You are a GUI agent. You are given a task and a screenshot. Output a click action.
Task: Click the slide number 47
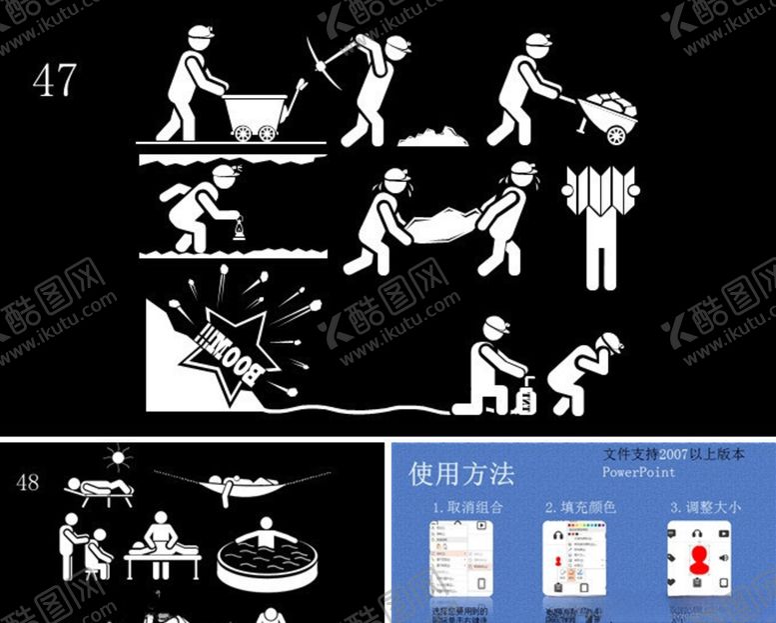click(55, 80)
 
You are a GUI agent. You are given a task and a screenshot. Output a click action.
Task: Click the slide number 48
click(28, 482)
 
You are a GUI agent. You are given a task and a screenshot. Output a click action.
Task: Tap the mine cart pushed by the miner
click(251, 115)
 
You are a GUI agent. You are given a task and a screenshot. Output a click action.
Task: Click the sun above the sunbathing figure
click(120, 459)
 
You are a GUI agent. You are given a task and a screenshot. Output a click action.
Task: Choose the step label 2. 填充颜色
click(580, 508)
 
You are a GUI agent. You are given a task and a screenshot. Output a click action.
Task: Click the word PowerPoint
click(639, 472)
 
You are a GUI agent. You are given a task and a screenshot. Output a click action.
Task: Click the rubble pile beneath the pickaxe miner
click(432, 136)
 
